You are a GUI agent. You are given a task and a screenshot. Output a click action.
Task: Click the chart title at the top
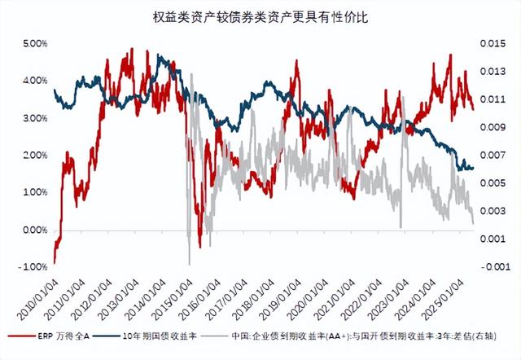click(260, 15)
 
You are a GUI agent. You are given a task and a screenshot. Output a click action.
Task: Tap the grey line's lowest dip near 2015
click(189, 263)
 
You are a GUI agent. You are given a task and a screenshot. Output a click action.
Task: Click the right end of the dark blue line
click(472, 169)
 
